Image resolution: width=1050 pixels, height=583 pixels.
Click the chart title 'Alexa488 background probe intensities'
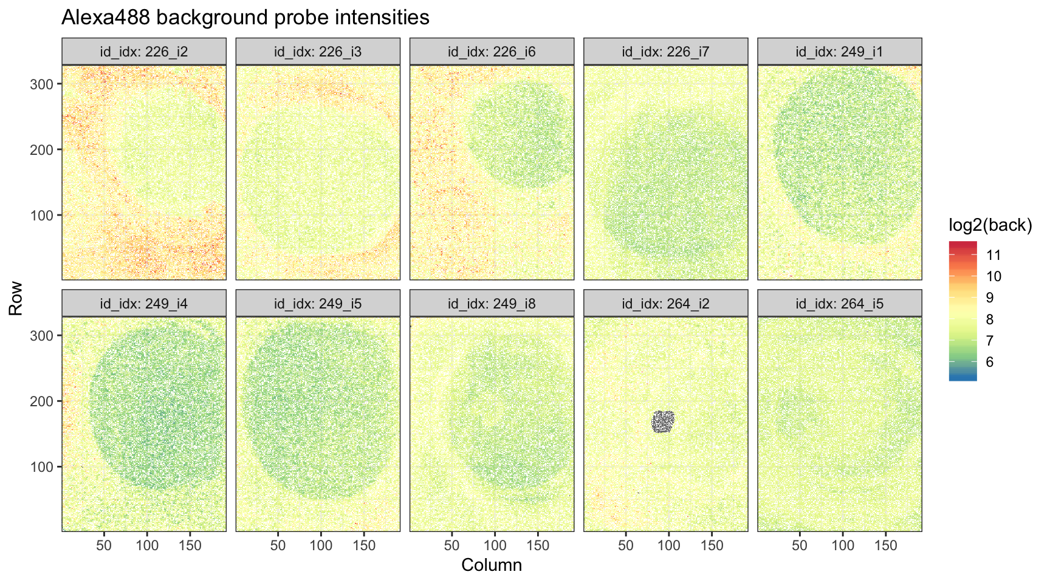coord(245,18)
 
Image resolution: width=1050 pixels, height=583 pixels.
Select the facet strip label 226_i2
coord(144,52)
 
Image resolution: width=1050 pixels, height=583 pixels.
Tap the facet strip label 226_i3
coord(318,52)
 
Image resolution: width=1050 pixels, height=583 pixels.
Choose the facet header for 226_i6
coord(492,52)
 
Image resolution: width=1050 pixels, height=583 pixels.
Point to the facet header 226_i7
coord(665,52)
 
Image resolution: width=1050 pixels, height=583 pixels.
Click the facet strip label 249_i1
coord(839,52)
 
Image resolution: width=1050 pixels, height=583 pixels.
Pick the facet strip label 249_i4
coord(144,304)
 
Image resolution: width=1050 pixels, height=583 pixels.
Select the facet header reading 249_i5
coord(318,304)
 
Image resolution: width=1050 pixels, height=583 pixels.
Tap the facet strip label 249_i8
coord(492,304)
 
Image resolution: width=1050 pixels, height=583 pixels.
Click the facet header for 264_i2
coord(665,304)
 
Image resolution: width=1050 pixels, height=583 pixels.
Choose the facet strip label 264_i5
coord(839,304)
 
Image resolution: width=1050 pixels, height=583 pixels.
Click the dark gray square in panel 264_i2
coord(664,421)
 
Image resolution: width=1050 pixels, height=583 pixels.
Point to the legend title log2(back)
coord(990,225)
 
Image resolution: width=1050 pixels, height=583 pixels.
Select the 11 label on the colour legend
coord(993,255)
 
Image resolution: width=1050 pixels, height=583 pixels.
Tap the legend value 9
coord(990,298)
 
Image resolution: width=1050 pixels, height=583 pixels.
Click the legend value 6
coord(990,362)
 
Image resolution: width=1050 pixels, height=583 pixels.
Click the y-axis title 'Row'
coord(16,298)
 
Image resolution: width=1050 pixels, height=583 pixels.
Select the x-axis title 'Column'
coord(492,565)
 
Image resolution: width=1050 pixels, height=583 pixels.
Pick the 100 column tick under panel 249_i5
coord(321,545)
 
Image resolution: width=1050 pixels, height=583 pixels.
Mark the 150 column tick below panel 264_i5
coord(885,545)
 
